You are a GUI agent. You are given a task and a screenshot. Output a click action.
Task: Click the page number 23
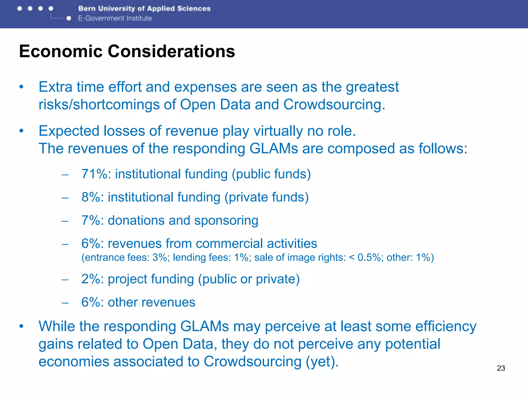click(501, 368)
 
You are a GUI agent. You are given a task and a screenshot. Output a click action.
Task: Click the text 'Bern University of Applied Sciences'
click(144, 9)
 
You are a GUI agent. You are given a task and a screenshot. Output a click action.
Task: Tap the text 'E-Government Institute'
click(115, 18)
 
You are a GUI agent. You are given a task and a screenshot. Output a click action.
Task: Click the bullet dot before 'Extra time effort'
click(21, 87)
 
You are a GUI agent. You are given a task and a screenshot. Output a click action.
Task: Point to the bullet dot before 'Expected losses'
click(21, 131)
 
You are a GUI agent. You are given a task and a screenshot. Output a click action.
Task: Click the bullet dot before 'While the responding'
click(21, 326)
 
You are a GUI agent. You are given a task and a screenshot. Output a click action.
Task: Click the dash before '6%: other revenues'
click(65, 303)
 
